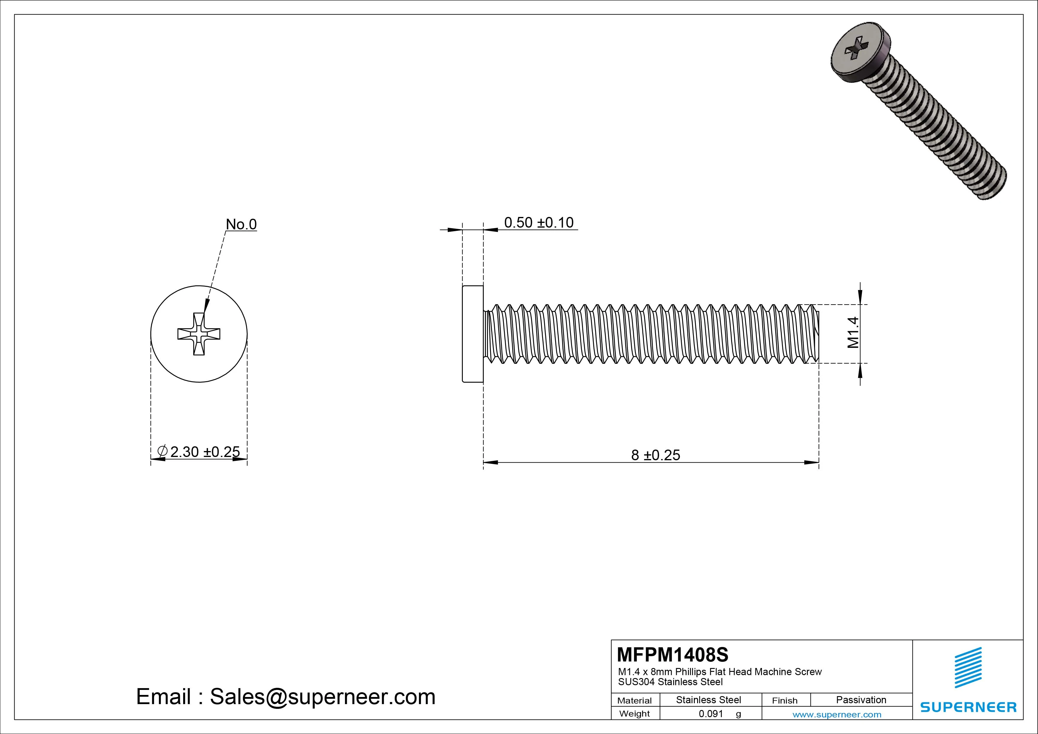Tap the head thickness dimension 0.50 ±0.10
539,223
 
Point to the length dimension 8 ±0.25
655,455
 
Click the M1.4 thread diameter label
853,332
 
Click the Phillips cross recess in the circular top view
199,334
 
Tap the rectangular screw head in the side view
473,334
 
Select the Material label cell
634,701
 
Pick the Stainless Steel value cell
708,700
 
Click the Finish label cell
784,701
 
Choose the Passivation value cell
861,700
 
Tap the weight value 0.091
711,714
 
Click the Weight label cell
634,714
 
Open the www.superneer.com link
837,714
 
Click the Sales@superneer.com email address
322,697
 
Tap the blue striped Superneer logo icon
968,667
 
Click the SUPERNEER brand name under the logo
968,707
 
